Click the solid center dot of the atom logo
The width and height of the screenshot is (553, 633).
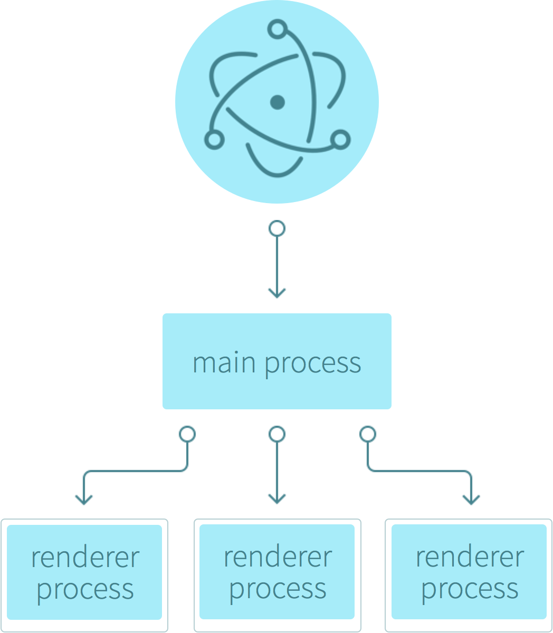[x=278, y=102]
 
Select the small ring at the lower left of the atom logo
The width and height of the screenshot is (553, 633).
[x=214, y=139]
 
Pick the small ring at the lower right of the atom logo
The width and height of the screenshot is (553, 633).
[x=340, y=139]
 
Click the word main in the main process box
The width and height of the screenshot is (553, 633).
[x=225, y=363]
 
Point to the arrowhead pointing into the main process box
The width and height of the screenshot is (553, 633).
[x=277, y=292]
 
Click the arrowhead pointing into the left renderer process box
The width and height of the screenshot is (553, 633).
[x=83, y=498]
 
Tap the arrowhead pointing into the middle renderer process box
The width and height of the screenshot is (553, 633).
[x=277, y=498]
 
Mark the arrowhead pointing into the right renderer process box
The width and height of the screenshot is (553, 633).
[x=471, y=498]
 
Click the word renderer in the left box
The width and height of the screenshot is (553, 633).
[x=85, y=558]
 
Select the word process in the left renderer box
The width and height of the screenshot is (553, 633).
[x=85, y=590]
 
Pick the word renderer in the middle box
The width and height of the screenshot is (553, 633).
[x=278, y=557]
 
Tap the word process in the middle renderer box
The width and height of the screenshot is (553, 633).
[x=278, y=589]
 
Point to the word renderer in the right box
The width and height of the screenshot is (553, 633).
[x=470, y=557]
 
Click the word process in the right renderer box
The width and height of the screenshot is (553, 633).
[x=470, y=589]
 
